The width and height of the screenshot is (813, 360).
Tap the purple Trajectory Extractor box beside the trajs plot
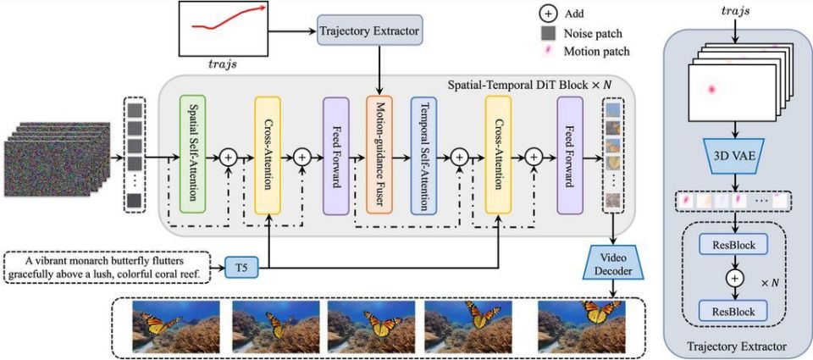(x=369, y=31)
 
